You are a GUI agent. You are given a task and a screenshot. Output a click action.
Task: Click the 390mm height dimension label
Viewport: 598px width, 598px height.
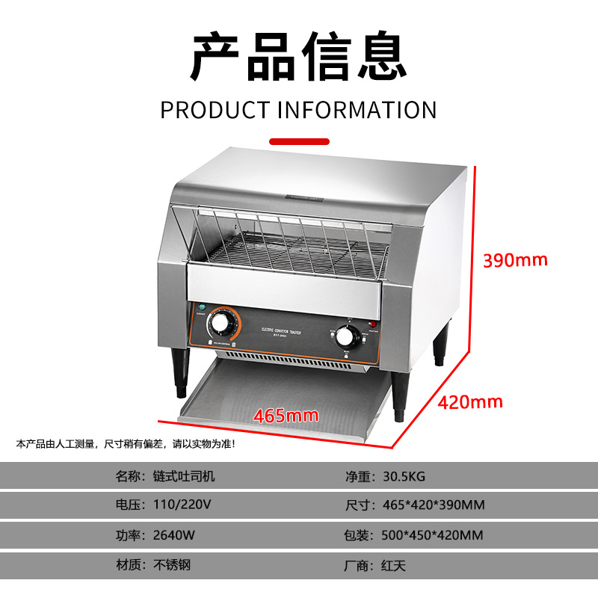click(515, 261)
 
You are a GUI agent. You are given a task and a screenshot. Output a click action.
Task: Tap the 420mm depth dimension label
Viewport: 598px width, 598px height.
click(469, 401)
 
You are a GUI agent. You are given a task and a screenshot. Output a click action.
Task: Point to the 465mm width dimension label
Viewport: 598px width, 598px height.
click(286, 415)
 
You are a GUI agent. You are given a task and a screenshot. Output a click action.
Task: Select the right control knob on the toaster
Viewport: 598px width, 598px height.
click(346, 336)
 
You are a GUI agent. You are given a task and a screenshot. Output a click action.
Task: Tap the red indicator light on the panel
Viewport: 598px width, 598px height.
click(370, 323)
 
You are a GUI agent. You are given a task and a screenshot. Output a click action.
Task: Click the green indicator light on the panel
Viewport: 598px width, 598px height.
click(200, 307)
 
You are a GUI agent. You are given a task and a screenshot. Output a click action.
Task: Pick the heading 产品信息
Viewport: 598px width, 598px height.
click(299, 57)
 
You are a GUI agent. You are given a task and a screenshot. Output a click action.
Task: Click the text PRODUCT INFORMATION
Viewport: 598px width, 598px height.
click(299, 110)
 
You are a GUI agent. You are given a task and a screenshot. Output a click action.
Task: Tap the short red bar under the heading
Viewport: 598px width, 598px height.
click(299, 141)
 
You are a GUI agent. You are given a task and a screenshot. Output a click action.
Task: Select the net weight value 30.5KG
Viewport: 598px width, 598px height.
click(404, 476)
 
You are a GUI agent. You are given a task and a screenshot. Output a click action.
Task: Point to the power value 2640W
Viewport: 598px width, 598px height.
click(174, 535)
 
